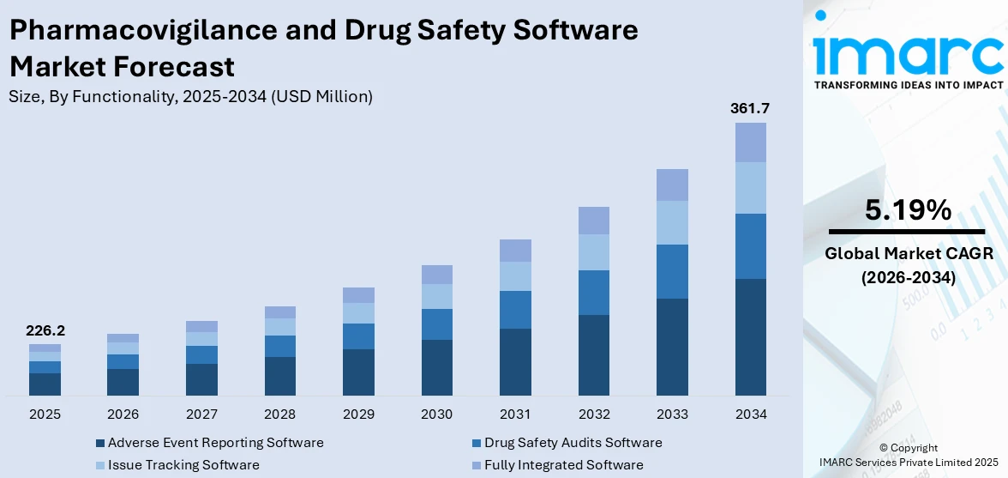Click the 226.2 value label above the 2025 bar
(45, 330)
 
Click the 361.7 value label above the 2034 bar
(750, 109)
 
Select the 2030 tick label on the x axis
(437, 414)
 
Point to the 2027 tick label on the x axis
(201, 414)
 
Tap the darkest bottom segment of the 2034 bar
(750, 336)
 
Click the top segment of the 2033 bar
(672, 185)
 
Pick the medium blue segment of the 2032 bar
(594, 293)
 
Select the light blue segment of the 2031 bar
(515, 276)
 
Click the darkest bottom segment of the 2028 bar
(280, 376)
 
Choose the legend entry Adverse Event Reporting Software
(215, 443)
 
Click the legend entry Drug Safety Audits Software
(573, 443)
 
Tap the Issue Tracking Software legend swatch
(100, 465)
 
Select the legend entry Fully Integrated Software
(563, 465)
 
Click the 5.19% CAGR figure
(908, 210)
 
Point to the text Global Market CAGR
(908, 253)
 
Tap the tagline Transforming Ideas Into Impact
(908, 85)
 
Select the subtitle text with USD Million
(190, 97)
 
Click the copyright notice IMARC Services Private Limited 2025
(908, 463)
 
